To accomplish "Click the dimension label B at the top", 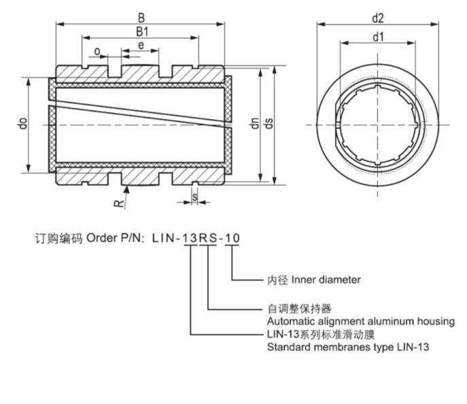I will tap(140, 16).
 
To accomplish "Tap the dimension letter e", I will tap(141, 46).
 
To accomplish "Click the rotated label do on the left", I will tap(22, 124).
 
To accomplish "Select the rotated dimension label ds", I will tap(269, 124).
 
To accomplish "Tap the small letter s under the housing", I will tap(195, 197).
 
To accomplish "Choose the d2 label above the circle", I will tap(379, 18).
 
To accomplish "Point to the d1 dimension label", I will tap(379, 37).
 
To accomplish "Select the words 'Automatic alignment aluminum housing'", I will tap(360, 321).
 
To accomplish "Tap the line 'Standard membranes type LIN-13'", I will tap(347, 347).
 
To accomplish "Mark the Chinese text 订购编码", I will tap(58, 239).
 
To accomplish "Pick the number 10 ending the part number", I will tap(232, 239).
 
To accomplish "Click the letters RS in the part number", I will tap(208, 239).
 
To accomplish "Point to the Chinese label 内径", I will tap(277, 280).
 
